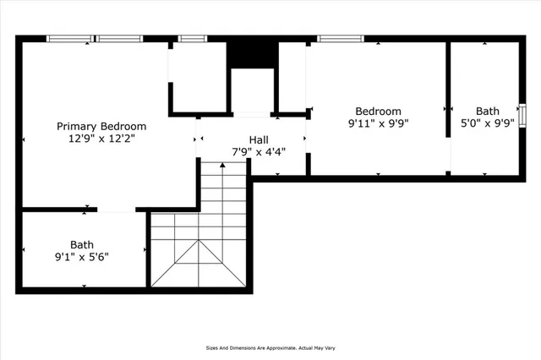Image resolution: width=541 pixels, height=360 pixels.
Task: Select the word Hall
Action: point(259,139)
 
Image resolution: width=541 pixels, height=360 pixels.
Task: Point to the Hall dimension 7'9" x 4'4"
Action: point(259,152)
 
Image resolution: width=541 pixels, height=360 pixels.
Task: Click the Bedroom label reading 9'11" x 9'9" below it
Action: point(378,111)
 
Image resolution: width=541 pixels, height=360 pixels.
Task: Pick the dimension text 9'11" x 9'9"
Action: point(378,123)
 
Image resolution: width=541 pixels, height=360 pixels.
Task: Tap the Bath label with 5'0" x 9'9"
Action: point(487,111)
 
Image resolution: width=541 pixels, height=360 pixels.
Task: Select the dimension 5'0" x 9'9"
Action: point(487,123)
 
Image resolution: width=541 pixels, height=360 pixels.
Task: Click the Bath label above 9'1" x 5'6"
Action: point(82,243)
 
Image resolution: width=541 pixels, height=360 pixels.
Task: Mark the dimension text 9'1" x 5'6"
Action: point(82,256)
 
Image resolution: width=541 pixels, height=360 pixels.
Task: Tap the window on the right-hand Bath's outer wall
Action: point(522,112)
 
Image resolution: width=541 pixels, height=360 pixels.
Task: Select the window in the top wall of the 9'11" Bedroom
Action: point(340,38)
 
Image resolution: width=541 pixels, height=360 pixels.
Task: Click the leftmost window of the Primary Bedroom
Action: point(69,38)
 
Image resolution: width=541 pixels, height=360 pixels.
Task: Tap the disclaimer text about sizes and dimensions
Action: point(270,347)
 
